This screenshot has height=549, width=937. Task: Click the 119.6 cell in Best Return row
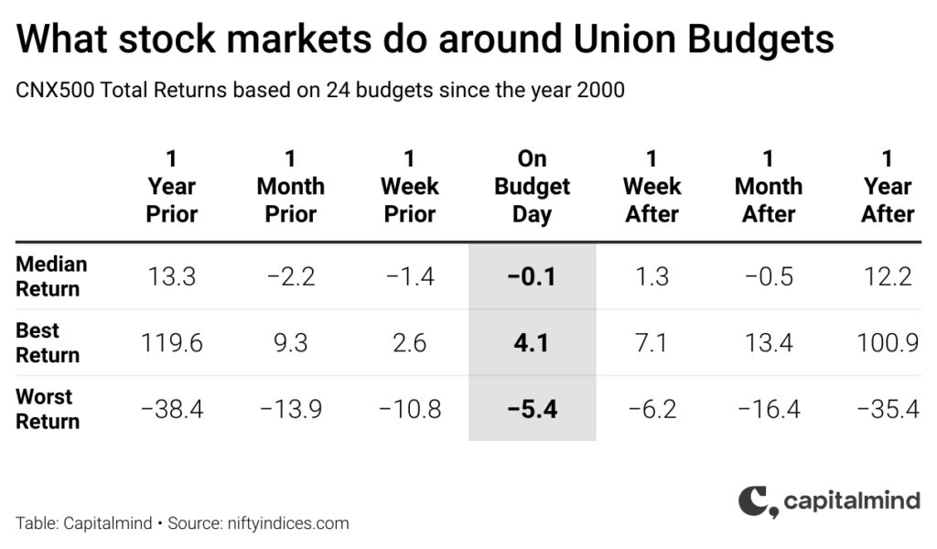[171, 343]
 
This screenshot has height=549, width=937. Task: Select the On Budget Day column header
[532, 187]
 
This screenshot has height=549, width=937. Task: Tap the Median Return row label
[51, 276]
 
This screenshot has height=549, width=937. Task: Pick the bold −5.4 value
[532, 409]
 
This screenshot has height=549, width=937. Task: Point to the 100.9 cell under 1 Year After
[888, 343]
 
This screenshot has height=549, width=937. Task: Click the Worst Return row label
[48, 409]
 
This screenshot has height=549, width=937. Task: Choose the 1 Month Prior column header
[290, 187]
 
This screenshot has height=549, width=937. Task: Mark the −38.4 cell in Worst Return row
[172, 409]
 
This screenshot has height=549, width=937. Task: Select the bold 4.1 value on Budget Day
[532, 343]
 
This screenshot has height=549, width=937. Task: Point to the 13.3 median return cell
[171, 276]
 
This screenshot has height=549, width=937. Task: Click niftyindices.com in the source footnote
[288, 523]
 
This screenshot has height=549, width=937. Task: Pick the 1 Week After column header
[652, 187]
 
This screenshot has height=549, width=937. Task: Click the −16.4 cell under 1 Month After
[769, 409]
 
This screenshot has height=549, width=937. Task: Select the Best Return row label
[48, 342]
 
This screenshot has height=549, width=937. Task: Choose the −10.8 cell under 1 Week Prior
[410, 409]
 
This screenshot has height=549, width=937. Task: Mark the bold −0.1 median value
[532, 276]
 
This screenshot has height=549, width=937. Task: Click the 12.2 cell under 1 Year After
[888, 276]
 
